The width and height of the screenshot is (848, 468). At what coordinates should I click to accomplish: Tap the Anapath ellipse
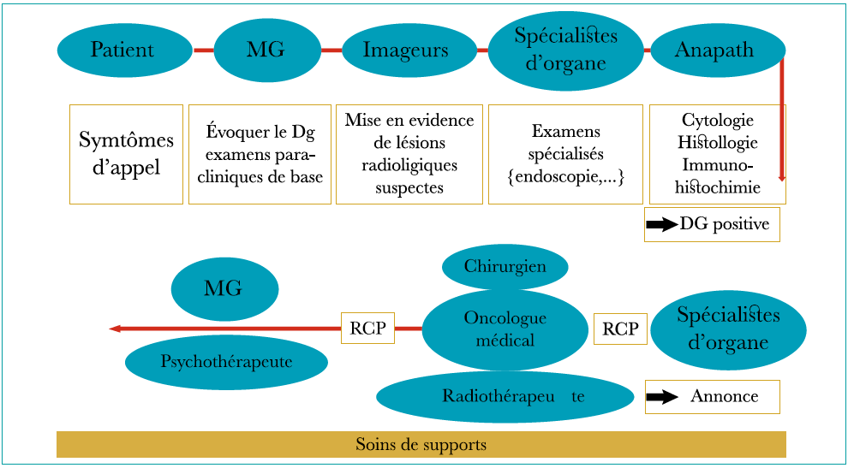tap(714, 50)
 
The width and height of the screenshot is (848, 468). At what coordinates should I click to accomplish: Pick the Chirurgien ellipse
tap(505, 267)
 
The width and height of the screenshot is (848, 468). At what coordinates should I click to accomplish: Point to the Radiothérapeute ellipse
tap(505, 396)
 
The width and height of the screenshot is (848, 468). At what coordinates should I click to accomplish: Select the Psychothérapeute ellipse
tap(226, 362)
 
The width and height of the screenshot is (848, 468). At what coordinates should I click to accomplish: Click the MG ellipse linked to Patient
tap(266, 50)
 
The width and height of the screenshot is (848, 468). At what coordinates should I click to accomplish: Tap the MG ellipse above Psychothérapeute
tap(224, 289)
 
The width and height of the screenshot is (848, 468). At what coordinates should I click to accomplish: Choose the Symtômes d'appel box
tap(126, 154)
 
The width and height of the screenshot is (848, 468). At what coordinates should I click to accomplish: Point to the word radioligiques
tap(409, 165)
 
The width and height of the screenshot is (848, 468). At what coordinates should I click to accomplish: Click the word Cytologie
tap(718, 120)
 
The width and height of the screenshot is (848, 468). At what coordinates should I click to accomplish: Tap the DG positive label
tap(725, 225)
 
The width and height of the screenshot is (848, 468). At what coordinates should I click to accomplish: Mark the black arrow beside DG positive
tap(661, 225)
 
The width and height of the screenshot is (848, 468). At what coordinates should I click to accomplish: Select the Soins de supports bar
tap(421, 445)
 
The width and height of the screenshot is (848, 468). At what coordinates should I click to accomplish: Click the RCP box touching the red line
tap(367, 328)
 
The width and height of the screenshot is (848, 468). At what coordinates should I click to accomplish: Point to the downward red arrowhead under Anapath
tap(782, 177)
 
